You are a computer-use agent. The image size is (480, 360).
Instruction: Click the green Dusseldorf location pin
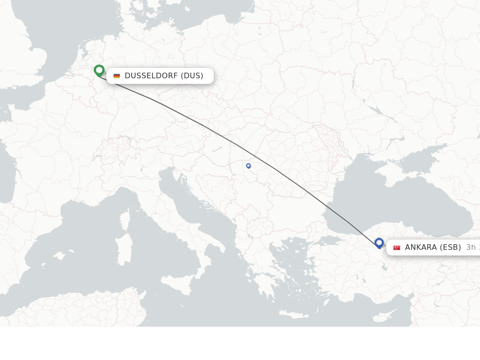[x=99, y=71]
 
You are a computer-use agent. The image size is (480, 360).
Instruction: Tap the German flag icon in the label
[x=117, y=76]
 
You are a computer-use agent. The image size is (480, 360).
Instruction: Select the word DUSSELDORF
[x=151, y=76]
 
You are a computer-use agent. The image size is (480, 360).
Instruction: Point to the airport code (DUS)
[x=192, y=76]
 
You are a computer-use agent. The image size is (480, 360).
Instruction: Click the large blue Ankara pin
[x=379, y=243]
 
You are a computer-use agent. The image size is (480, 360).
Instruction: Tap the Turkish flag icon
[x=397, y=247]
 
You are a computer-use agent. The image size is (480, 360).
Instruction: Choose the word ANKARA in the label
[x=420, y=247]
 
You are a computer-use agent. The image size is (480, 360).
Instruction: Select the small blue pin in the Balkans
[x=248, y=165]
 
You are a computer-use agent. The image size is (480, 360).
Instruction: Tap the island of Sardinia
[x=124, y=248]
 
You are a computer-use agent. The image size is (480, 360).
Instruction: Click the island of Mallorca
[x=59, y=255]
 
